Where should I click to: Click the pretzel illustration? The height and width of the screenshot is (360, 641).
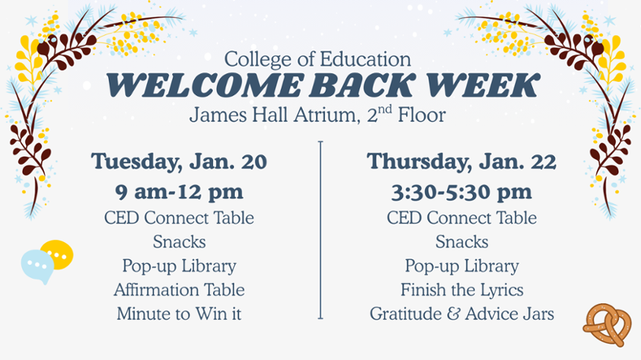(x=607, y=324)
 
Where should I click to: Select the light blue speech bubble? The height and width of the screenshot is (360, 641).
(x=37, y=265)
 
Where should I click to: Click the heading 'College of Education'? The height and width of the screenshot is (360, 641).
(x=318, y=59)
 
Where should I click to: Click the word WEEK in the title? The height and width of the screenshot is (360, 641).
(x=487, y=86)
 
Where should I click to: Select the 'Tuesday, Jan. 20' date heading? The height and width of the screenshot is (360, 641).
(x=179, y=161)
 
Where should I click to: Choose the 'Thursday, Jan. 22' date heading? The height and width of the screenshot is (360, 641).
(x=461, y=161)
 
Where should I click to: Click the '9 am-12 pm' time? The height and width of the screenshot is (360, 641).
(x=179, y=192)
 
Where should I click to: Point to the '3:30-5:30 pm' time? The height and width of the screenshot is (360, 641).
(x=461, y=192)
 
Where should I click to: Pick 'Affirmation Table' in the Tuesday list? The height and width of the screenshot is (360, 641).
(x=179, y=289)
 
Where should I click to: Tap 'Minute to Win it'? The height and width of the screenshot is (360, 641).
(x=179, y=314)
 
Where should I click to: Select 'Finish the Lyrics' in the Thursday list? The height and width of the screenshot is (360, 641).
(x=461, y=289)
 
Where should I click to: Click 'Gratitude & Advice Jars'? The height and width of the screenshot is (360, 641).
(x=461, y=314)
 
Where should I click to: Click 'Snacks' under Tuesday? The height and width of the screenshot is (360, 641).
(x=179, y=241)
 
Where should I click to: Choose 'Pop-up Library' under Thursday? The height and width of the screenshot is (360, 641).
(x=461, y=265)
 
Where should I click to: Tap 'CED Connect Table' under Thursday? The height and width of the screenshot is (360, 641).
(x=461, y=218)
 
